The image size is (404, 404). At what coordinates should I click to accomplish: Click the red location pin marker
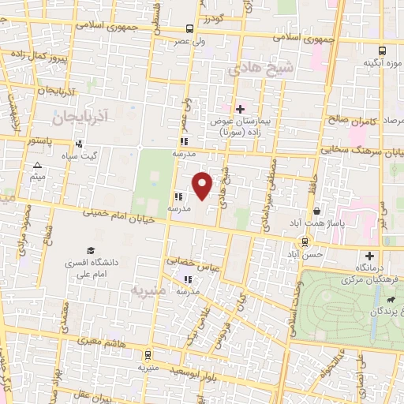[203, 185]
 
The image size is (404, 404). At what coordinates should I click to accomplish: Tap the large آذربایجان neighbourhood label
[80, 117]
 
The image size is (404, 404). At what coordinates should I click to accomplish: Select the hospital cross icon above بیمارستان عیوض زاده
[240, 108]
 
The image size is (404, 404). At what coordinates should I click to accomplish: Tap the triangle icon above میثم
[38, 165]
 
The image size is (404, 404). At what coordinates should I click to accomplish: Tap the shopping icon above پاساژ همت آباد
[316, 211]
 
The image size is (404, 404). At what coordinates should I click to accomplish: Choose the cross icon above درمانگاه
[369, 256]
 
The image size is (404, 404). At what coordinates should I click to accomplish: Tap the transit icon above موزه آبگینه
[383, 48]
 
